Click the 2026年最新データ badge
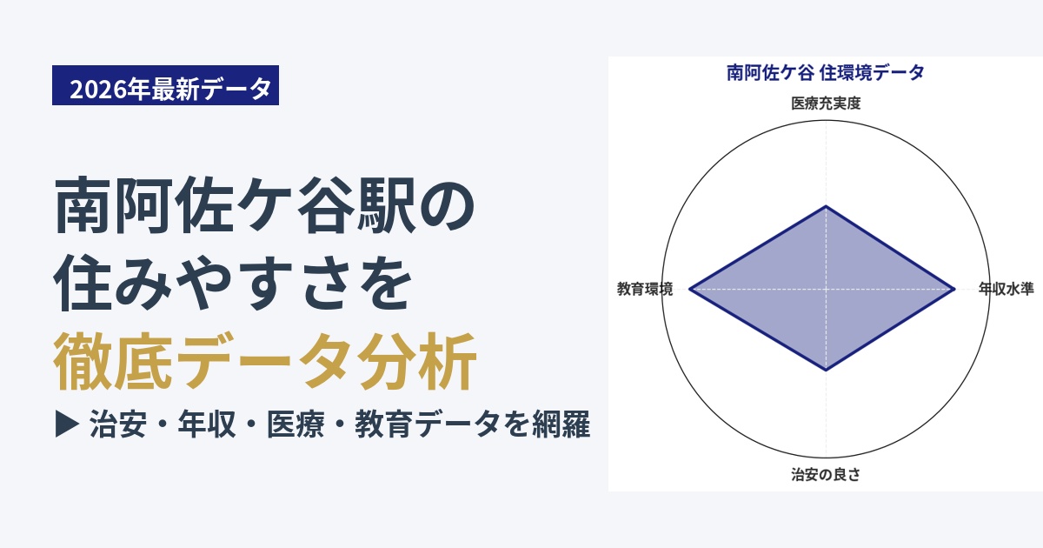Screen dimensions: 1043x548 click(x=165, y=85)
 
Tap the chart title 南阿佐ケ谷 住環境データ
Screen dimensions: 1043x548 click(x=826, y=73)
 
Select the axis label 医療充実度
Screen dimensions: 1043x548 click(x=826, y=104)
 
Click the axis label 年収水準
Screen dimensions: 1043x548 click(x=1006, y=289)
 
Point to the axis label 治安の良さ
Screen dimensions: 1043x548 click(x=826, y=475)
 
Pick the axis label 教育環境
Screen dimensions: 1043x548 click(x=645, y=289)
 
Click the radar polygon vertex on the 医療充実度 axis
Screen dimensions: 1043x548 click(x=826, y=205)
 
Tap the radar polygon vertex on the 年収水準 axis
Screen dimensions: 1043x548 click(x=954, y=289)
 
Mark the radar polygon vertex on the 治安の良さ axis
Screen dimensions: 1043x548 click(x=826, y=371)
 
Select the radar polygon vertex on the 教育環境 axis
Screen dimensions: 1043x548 click(x=690, y=289)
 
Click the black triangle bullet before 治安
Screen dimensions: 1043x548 click(x=67, y=424)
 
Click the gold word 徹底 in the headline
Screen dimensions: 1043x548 click(x=112, y=361)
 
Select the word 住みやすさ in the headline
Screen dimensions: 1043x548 click(x=203, y=283)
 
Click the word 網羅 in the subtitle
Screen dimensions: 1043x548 click(x=561, y=424)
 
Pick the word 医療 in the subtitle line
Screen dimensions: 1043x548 click(x=296, y=424)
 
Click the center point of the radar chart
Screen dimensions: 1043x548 click(x=826, y=289)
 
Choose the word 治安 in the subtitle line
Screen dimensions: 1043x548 click(x=118, y=424)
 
